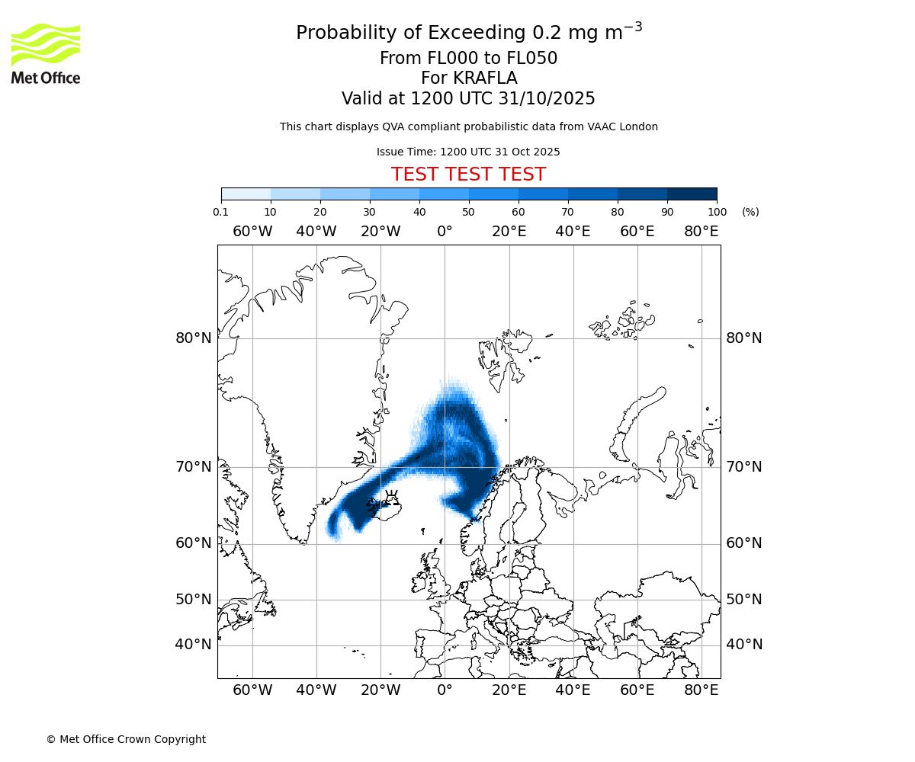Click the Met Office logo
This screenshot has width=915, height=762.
point(46,53)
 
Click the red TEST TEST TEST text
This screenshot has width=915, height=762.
point(468,174)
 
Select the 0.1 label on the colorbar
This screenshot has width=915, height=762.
point(221,212)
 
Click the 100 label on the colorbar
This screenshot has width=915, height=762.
point(717,212)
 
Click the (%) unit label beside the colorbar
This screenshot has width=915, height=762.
point(750,212)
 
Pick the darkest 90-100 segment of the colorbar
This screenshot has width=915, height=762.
point(692,194)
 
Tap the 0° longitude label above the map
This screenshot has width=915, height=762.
point(445,232)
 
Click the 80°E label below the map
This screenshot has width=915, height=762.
point(701,690)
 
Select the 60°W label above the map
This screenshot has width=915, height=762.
point(252,232)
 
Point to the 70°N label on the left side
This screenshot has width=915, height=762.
point(194,466)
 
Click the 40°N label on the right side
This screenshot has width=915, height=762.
point(744,645)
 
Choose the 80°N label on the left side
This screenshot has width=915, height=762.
point(194,338)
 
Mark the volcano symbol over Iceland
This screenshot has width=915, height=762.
point(392,498)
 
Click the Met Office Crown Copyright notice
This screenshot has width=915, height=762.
point(126,739)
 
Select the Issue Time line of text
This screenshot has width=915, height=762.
point(468,152)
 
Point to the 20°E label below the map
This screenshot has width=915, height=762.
point(509,690)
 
